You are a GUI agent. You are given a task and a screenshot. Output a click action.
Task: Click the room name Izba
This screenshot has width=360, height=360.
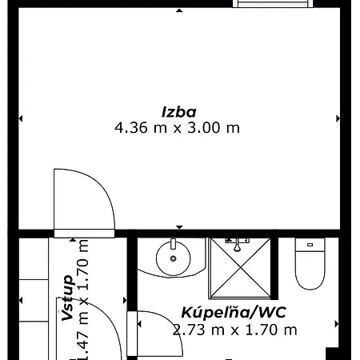coord(179,112)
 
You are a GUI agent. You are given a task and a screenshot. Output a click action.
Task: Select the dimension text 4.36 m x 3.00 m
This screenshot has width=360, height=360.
coord(177,127)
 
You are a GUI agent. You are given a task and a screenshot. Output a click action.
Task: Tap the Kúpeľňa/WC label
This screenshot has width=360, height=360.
coord(234,313)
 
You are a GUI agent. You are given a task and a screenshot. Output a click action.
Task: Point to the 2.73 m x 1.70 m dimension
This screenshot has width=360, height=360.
coord(234,330)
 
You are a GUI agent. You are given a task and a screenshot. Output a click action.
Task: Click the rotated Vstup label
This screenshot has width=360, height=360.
coord(67,298)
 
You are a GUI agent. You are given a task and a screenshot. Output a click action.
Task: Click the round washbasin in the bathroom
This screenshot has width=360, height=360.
coord(174,258)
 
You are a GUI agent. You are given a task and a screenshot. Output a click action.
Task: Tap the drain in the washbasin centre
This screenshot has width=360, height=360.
coord(174,258)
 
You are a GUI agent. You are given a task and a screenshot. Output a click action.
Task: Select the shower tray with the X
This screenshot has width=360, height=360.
coord(240,268)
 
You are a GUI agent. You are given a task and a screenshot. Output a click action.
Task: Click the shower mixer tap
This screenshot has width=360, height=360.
coord(237,244)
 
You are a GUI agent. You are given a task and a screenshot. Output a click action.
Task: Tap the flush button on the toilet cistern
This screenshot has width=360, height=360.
coord(310,245)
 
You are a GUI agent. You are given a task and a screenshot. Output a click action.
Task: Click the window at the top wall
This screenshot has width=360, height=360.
coord(273,4)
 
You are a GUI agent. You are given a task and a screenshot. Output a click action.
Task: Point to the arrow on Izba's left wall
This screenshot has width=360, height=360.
coord(21,118)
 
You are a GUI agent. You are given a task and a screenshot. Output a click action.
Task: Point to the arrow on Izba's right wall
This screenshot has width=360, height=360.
coord(338,118)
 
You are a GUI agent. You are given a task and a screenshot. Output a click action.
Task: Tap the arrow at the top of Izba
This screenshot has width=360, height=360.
coord(179,10)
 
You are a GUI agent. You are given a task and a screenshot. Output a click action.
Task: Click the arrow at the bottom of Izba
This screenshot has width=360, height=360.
coord(179,227)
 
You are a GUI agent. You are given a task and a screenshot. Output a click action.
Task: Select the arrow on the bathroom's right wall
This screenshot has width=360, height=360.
coord(337,324)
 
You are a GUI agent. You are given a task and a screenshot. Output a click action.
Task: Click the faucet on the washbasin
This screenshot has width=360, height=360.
coord(174,244)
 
